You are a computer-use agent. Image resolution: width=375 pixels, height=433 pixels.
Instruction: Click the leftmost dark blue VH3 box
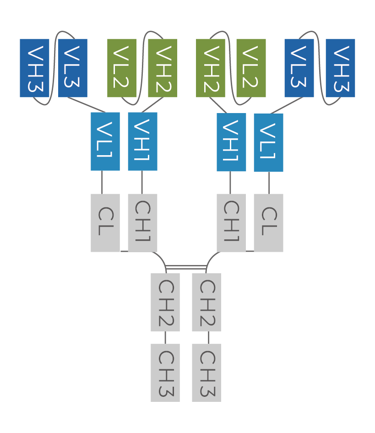(34, 68)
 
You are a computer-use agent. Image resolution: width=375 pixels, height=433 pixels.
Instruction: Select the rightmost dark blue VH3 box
(340, 68)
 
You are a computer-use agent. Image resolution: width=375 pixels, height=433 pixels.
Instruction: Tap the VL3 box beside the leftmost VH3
(73, 68)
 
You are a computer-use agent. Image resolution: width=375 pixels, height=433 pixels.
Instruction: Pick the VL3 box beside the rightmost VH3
(299, 68)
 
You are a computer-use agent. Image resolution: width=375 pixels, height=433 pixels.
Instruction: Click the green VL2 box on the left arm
(122, 68)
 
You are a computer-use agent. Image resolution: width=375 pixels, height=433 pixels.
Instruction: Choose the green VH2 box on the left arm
(163, 68)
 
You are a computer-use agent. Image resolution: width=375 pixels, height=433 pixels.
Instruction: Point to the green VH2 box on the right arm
(211, 68)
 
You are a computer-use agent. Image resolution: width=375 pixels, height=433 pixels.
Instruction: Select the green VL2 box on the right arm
(251, 68)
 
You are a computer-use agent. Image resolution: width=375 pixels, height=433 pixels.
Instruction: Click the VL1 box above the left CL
(105, 141)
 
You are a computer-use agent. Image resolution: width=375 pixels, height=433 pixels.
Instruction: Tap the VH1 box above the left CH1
(142, 141)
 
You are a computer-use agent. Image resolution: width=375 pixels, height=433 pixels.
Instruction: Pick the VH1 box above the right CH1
(231, 142)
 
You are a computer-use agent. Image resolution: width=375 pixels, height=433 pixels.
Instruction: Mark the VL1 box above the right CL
(268, 142)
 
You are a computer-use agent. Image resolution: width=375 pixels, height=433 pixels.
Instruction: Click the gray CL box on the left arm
(105, 222)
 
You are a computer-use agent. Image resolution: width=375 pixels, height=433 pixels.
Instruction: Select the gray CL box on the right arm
(268, 222)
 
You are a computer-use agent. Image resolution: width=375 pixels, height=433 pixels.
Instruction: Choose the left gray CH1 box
(142, 222)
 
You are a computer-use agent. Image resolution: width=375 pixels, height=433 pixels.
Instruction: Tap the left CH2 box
(165, 302)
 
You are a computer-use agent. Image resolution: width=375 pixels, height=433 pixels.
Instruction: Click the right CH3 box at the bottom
(207, 373)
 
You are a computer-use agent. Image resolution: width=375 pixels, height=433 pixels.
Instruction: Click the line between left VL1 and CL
(102, 182)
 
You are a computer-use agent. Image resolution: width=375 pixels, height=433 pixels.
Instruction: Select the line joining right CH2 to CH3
(208, 337)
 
